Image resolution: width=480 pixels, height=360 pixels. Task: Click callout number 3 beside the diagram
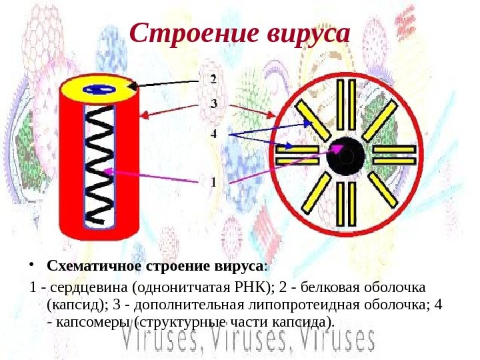pyautogui.click(x=213, y=104)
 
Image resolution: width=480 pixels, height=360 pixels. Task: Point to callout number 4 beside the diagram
pyautogui.click(x=213, y=133)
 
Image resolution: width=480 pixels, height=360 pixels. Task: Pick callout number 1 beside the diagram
pyautogui.click(x=213, y=181)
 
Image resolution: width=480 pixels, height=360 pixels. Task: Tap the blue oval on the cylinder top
pyautogui.click(x=99, y=89)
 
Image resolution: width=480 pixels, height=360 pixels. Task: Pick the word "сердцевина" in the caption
pyautogui.click(x=87, y=287)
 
